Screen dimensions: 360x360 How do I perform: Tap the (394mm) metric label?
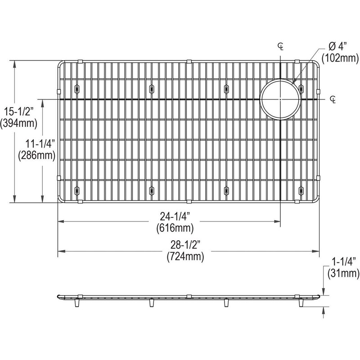(18, 123)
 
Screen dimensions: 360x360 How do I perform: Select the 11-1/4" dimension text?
(40, 144)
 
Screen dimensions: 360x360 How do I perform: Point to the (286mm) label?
(37, 155)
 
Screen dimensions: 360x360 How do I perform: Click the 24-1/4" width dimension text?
(175, 216)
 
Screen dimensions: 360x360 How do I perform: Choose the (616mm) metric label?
(175, 228)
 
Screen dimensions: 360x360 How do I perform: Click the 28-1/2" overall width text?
(185, 245)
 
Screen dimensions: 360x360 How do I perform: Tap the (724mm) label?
(185, 256)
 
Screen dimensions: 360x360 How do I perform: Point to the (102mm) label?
(340, 58)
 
